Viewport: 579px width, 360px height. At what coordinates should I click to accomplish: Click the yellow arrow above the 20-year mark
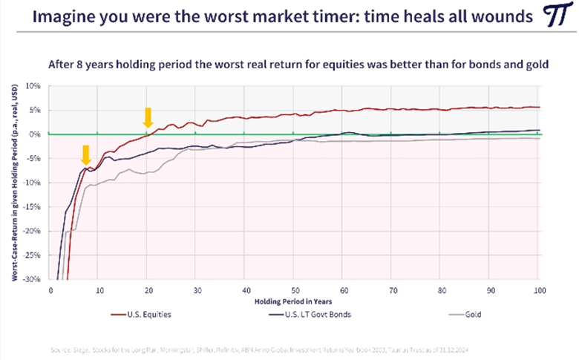point(148,117)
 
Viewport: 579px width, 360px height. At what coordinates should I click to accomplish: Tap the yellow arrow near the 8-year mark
point(86,154)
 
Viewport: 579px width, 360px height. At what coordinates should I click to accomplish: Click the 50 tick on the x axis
point(295,289)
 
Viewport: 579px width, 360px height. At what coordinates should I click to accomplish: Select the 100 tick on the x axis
point(540,289)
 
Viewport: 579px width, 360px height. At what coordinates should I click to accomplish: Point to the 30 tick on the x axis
point(197,289)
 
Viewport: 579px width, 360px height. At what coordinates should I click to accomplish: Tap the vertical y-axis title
point(16,183)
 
